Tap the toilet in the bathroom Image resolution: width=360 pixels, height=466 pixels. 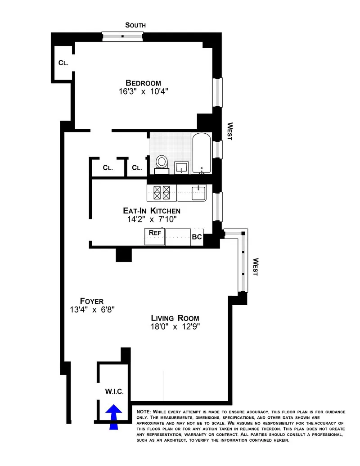click(162, 163)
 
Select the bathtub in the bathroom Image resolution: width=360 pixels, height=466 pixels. click(201, 153)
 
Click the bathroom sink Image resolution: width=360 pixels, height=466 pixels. click(181, 167)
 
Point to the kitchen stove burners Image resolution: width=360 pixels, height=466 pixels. click(162, 193)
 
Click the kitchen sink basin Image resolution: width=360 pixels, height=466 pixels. click(198, 193)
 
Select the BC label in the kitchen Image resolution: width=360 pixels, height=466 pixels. click(197, 236)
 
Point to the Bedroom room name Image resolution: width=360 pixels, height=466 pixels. click(143, 83)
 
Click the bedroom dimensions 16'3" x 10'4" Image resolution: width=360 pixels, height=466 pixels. click(143, 92)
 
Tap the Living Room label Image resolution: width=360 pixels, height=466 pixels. click(175, 318)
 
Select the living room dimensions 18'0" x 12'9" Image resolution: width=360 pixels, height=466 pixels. click(175, 327)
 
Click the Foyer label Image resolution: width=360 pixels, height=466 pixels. click(92, 301)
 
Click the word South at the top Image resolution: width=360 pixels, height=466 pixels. click(135, 25)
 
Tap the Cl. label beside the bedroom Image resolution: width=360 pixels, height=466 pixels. click(63, 63)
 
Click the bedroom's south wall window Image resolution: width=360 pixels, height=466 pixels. click(123, 36)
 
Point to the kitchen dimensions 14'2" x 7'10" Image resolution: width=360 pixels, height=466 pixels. click(152, 219)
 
